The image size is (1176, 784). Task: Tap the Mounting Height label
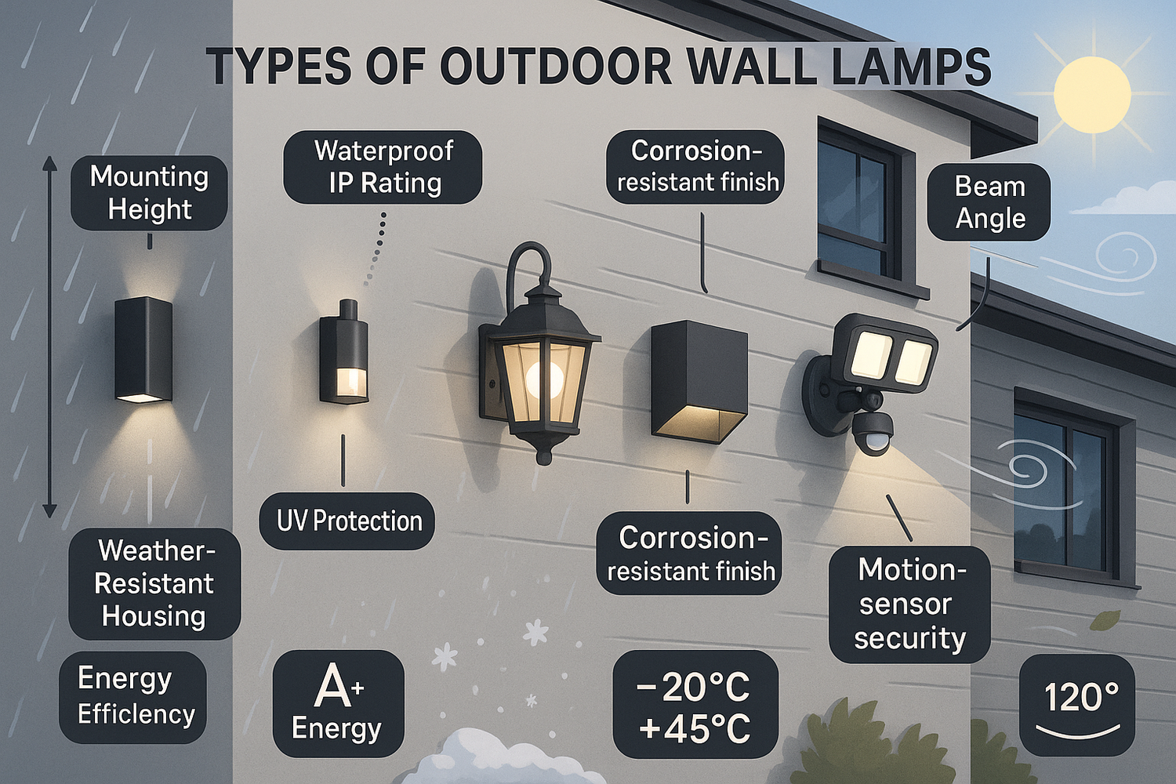149,193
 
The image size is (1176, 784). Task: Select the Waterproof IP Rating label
383,167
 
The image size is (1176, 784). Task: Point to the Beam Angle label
989,202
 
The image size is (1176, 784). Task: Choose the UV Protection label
348,521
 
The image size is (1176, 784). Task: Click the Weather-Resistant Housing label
154,583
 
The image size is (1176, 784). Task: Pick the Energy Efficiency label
134,696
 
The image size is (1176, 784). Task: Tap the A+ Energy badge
338,703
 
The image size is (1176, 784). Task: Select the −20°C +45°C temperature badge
695,705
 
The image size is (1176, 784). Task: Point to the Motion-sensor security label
909,604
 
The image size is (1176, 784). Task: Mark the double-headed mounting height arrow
49,337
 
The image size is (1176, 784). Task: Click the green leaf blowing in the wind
1105,621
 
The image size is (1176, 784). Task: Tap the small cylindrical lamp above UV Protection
344,353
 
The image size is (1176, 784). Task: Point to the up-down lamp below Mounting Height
143,350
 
